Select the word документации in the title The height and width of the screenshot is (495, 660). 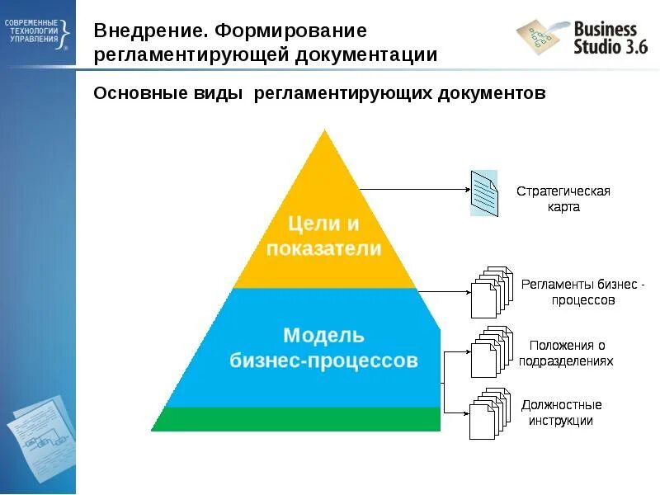(x=365, y=56)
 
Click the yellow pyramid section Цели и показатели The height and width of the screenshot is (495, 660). (x=323, y=235)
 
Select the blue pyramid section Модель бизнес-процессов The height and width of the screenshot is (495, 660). (x=323, y=347)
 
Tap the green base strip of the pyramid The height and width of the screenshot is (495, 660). (x=296, y=418)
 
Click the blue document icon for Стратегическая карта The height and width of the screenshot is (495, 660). (x=484, y=192)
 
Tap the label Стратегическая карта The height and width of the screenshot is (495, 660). (x=563, y=199)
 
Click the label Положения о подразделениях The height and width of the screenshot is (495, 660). (x=567, y=352)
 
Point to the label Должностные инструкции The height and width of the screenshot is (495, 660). (x=562, y=412)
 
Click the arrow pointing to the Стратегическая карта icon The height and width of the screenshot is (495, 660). (x=412, y=189)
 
